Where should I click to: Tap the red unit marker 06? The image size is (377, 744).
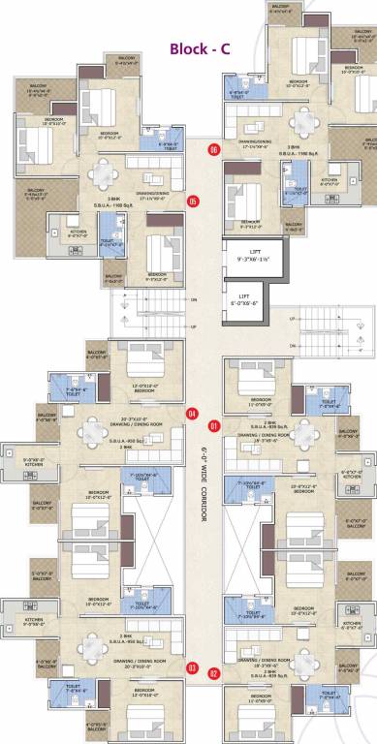pos(213,149)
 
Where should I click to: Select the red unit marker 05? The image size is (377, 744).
pos(193,201)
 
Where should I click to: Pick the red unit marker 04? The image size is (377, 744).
pos(192,414)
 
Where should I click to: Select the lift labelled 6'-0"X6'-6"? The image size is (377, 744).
pos(251,297)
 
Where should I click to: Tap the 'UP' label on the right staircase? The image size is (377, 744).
pos(292,319)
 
